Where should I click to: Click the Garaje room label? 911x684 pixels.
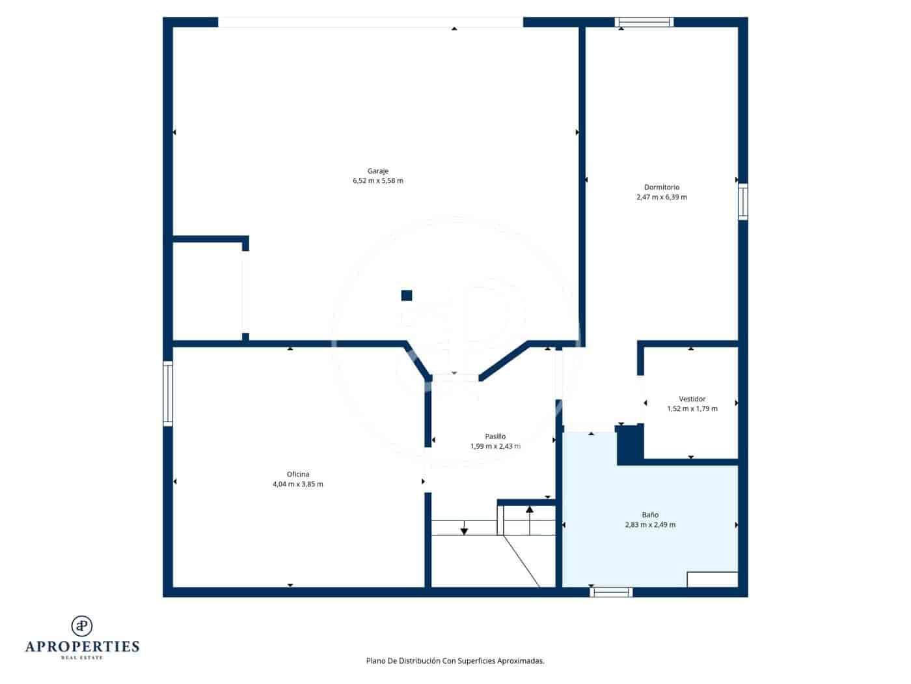click(377, 171)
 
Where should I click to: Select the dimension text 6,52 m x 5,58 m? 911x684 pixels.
click(377, 180)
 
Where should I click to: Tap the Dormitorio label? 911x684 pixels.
click(661, 187)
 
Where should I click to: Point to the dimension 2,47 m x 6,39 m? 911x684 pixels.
click(661, 197)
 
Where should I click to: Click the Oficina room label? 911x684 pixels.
click(298, 474)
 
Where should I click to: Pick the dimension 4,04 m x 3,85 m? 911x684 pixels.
click(298, 484)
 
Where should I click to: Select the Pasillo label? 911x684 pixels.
click(495, 436)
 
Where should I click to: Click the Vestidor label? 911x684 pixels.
click(692, 399)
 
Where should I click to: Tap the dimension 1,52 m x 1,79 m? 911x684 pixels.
click(692, 408)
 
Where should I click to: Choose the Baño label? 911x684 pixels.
click(649, 515)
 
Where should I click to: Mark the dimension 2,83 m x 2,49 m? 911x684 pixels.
click(649, 524)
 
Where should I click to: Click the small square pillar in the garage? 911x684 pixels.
click(407, 295)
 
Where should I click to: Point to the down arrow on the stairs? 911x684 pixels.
click(464, 529)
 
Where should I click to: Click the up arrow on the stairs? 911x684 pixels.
click(530, 511)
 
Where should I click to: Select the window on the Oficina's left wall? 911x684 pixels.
click(168, 393)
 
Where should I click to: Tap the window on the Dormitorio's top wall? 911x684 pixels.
click(644, 22)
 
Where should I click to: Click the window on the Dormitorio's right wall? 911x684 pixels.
click(742, 202)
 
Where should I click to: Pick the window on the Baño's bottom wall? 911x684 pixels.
click(611, 592)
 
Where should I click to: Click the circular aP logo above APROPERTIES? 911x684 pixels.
click(82, 625)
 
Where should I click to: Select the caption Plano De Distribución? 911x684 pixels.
click(455, 661)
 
